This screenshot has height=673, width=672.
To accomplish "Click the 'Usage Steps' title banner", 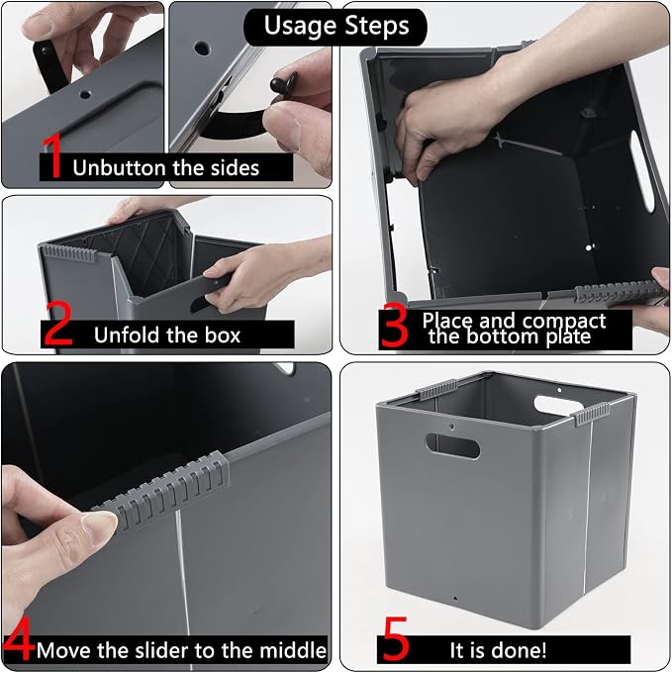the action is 336,27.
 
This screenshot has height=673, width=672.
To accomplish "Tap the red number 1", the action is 52,156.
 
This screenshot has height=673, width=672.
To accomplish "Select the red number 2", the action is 58,324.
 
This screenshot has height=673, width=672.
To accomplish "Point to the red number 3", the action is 394,325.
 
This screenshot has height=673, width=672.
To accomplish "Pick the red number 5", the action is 394,638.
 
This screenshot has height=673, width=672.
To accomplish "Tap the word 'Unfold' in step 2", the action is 124,335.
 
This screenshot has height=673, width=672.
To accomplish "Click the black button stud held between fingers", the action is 284,82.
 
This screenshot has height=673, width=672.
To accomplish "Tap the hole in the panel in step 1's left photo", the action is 85,94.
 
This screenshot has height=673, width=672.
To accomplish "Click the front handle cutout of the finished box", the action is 452,446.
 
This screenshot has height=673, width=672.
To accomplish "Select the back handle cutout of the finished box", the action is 558,405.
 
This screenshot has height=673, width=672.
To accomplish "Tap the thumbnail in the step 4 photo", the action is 101,525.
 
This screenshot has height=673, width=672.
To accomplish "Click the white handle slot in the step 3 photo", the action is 642,171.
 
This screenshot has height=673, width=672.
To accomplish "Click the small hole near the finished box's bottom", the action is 455,598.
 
